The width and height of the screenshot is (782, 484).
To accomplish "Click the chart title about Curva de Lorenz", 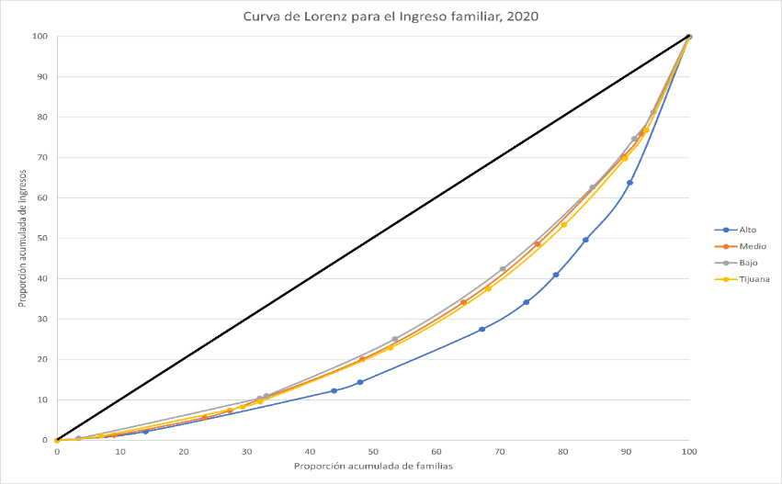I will (391, 17).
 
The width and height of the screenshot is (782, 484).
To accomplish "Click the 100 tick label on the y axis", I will (39, 37).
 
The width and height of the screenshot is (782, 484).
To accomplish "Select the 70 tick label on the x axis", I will (500, 452).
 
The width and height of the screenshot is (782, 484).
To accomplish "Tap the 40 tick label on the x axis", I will (310, 452).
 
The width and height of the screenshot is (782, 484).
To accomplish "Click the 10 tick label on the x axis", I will (120, 452).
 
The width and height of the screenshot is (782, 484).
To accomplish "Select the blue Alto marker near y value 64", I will (629, 182).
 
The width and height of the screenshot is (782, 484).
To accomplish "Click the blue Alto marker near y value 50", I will (585, 240).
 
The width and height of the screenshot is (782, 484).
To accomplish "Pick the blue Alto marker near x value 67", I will (482, 329).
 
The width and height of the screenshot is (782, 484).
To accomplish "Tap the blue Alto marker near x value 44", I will (334, 390).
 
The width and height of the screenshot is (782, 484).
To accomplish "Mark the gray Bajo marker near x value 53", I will (394, 339).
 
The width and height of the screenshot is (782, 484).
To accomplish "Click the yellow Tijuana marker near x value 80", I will (563, 224).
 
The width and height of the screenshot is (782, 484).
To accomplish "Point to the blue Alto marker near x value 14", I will (145, 431).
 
